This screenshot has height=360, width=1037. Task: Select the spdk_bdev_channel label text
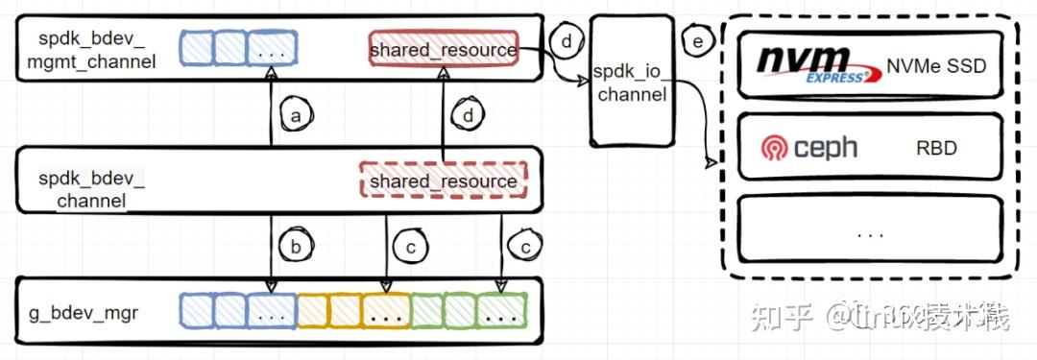[91, 189]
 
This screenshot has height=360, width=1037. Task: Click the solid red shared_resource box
[444, 49]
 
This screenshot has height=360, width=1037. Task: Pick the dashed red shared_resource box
[444, 180]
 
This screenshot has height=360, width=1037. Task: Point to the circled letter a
[296, 114]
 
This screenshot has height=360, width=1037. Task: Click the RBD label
[936, 149]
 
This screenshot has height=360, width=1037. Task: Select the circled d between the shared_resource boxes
[468, 114]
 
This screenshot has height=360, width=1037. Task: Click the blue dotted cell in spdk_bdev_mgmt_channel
[273, 48]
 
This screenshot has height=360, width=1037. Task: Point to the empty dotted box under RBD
[870, 230]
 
